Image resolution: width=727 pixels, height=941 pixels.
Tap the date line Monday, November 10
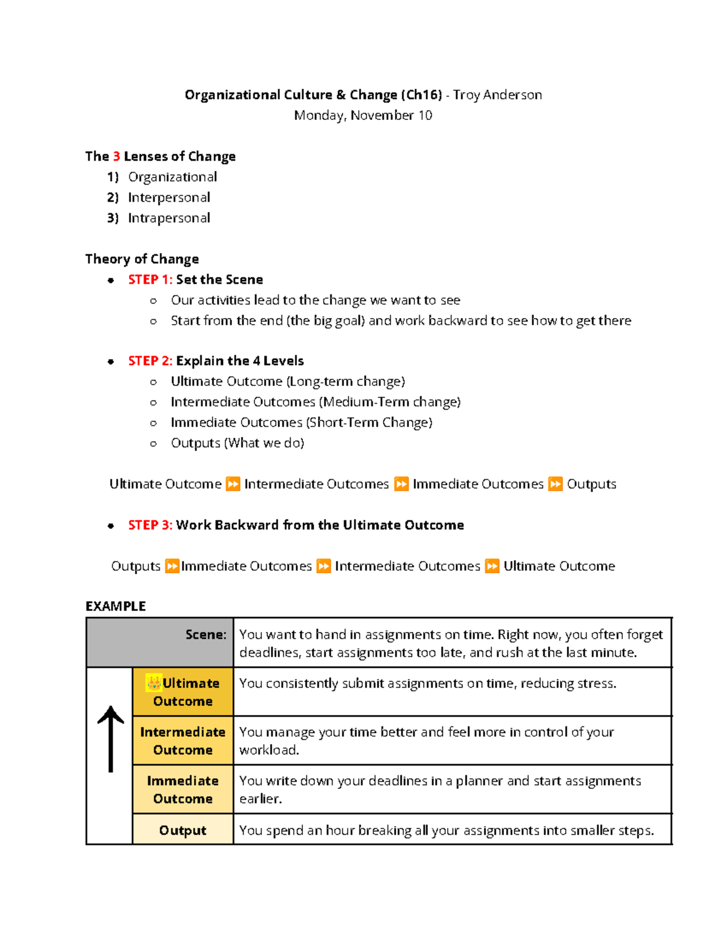(x=363, y=115)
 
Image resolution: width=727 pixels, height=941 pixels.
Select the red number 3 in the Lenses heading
(x=116, y=156)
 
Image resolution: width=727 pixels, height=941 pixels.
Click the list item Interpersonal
(x=169, y=198)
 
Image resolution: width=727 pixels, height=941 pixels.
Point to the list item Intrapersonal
(x=169, y=218)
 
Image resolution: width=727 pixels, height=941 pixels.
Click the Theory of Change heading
(x=142, y=259)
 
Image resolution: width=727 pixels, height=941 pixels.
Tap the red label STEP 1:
(x=150, y=280)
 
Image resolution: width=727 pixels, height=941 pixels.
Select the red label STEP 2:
(x=150, y=361)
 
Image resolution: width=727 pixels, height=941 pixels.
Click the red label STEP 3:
(x=150, y=525)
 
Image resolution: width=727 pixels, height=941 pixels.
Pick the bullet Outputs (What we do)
(x=237, y=443)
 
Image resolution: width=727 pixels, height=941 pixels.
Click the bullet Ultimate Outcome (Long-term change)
(x=288, y=382)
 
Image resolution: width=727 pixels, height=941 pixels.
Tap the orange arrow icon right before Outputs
(x=555, y=484)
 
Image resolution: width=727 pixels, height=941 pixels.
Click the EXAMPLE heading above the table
(x=116, y=607)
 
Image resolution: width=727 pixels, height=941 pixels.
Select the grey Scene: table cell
(x=160, y=642)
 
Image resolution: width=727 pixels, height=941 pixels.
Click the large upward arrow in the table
(x=110, y=739)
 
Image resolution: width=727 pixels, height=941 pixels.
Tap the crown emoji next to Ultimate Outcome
(x=154, y=683)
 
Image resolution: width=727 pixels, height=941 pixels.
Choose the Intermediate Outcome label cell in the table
(x=183, y=740)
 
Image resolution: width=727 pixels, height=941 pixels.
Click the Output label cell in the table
(x=183, y=830)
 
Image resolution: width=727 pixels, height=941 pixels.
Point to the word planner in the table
(x=479, y=781)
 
